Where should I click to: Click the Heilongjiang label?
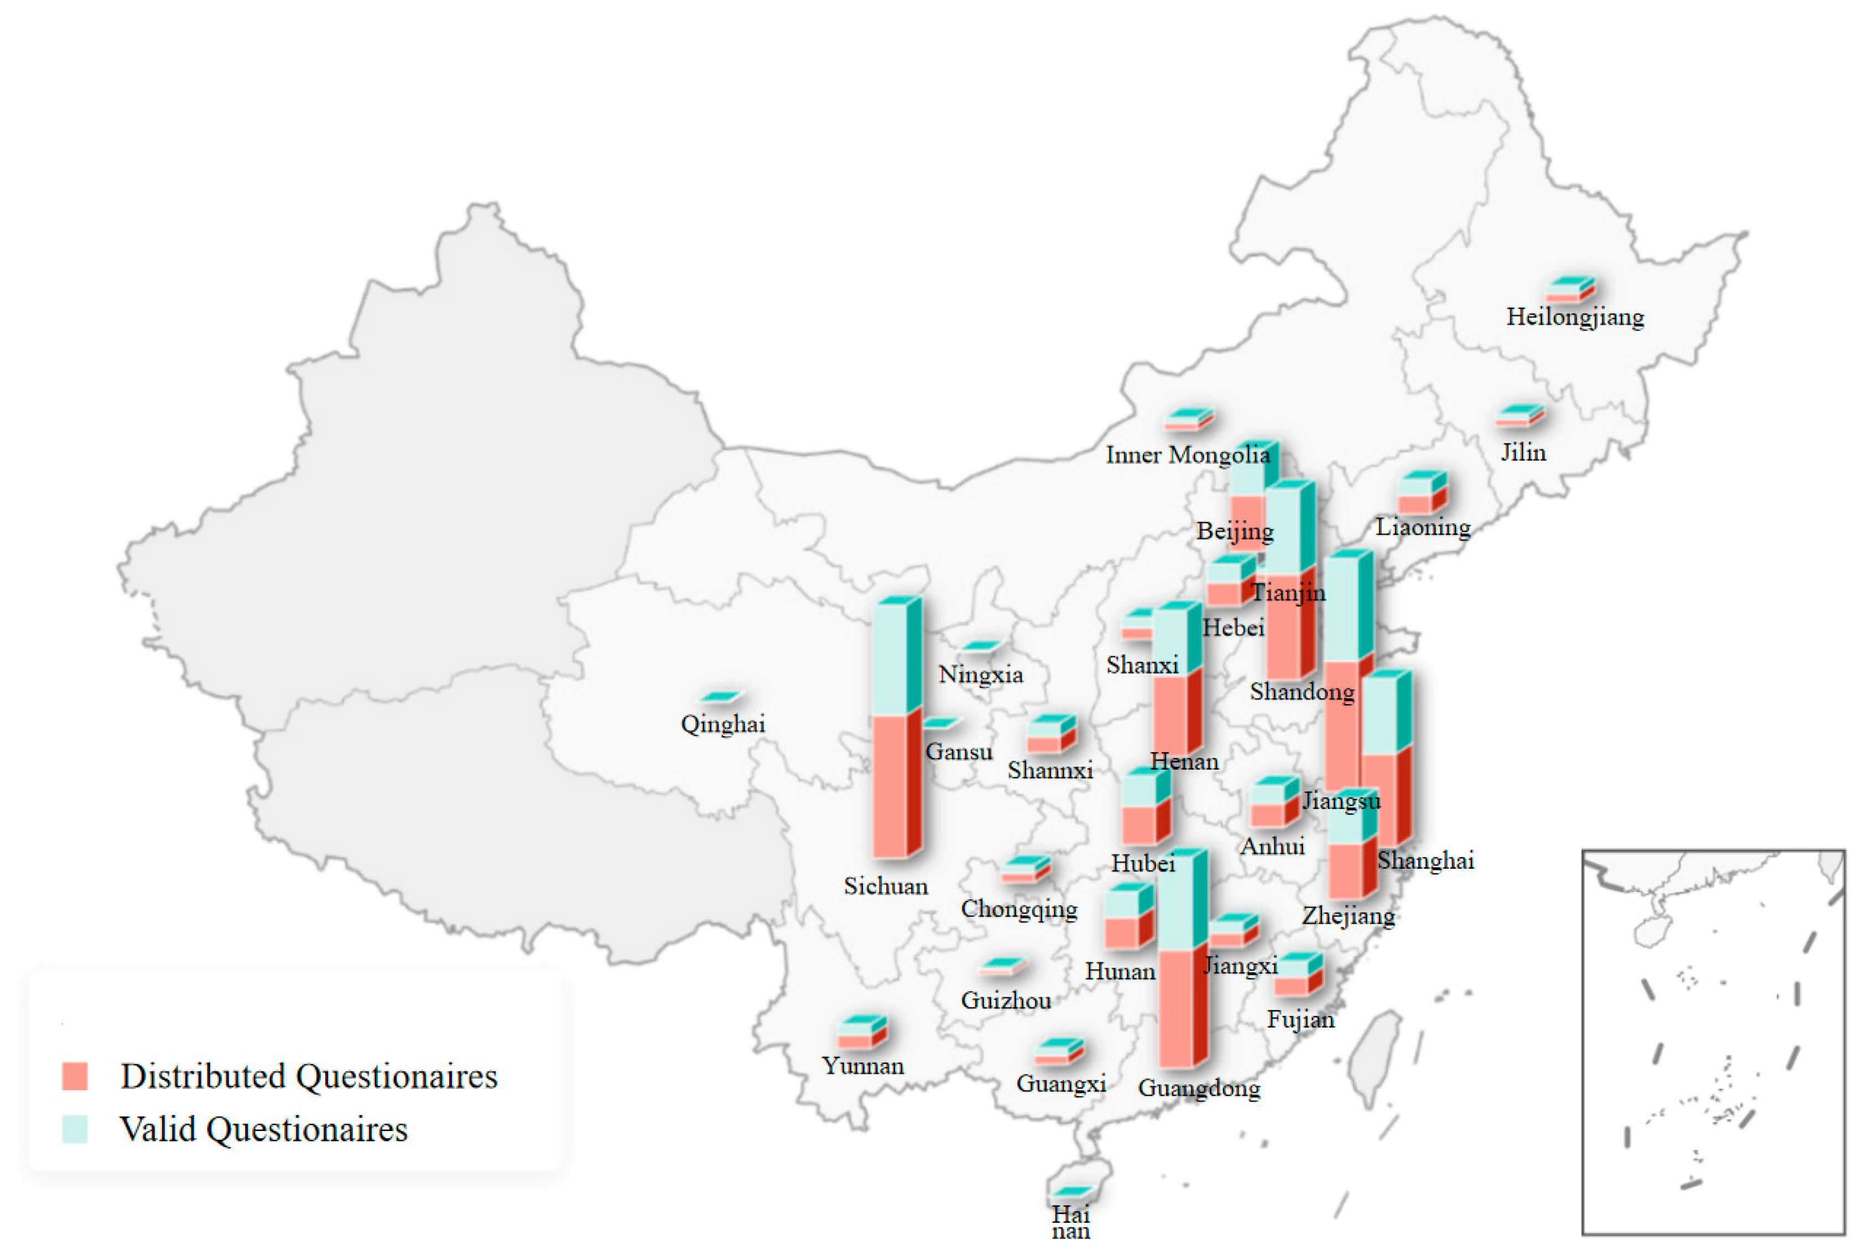(x=1574, y=317)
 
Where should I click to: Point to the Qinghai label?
(x=722, y=724)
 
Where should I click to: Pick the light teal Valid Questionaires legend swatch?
(x=75, y=1129)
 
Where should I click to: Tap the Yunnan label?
(x=862, y=1066)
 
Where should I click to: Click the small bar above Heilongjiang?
(x=1570, y=289)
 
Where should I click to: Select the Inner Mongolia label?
(x=1187, y=455)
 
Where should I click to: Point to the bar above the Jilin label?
(x=1519, y=416)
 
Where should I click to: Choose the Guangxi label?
(x=1060, y=1084)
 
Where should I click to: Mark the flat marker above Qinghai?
(x=722, y=697)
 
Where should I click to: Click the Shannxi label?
(x=1049, y=770)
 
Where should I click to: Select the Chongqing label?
(x=1018, y=909)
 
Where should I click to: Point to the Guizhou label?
(x=1005, y=1000)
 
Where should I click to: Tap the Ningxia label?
(x=980, y=675)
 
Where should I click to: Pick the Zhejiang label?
(x=1348, y=915)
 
